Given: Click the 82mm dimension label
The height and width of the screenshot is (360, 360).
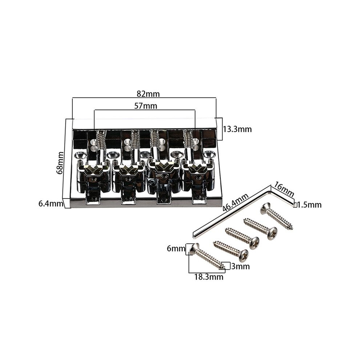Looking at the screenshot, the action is coord(148,94).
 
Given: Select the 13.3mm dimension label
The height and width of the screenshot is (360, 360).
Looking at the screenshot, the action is coord(237,129).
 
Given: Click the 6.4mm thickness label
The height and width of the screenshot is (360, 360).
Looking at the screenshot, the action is coord(51,203).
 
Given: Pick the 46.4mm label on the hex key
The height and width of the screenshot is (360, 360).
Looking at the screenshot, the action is coord(236,202).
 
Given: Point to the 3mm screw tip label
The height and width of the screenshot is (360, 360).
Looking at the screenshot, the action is coord(240,266).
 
